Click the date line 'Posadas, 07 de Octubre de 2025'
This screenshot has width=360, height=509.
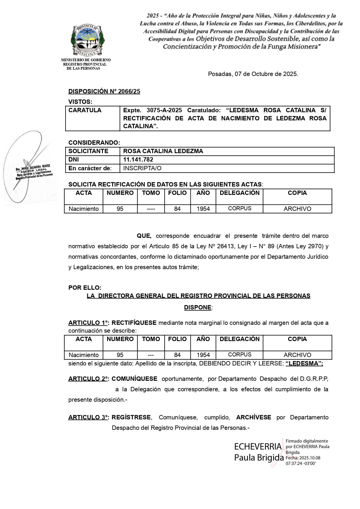[253, 74]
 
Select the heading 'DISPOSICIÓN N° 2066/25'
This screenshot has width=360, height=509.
[104, 91]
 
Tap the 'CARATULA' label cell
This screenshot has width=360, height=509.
[85, 110]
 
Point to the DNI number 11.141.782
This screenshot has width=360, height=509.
[138, 160]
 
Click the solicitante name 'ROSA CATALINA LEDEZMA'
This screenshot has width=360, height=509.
[163, 151]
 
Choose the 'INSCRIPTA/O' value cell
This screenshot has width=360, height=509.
[142, 168]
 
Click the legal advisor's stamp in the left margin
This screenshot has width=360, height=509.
[33, 172]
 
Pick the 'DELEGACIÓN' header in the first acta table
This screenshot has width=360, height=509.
[239, 193]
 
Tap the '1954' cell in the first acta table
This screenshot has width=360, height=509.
[203, 209]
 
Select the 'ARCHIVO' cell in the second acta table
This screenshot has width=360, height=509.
[297, 355]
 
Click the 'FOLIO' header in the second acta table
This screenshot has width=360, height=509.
[177, 339]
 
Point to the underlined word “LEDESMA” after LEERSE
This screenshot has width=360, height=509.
[304, 363]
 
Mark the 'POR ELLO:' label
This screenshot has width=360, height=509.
[85, 288]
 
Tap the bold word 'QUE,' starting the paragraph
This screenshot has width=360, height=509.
[144, 236]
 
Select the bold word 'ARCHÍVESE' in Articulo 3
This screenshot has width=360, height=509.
[254, 417]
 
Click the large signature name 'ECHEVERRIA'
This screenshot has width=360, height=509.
[258, 447]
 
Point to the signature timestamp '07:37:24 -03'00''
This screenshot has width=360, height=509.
[301, 463]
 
